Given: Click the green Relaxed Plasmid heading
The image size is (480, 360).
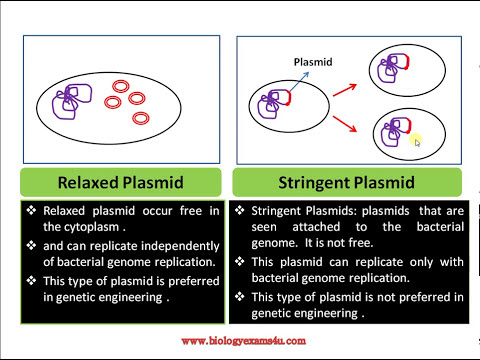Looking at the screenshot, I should click(120, 182).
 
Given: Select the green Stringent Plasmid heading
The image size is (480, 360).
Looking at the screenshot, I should click(347, 182).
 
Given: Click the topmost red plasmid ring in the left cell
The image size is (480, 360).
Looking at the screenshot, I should click(122, 87).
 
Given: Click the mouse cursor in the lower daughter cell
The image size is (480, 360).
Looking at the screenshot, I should click(417, 142).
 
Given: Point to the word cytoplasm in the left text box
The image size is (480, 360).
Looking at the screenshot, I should click(82, 227).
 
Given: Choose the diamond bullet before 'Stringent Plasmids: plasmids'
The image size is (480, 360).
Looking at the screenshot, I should click(241, 211).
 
